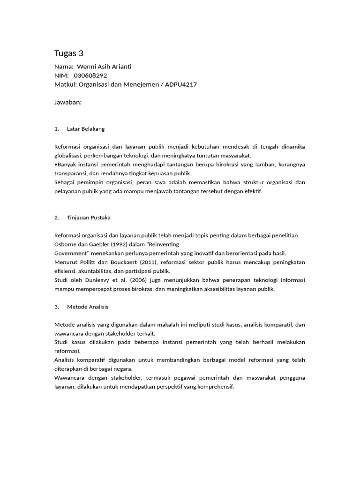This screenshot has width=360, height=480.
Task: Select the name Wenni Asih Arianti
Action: (104, 67)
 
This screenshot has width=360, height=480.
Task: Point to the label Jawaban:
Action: (68, 102)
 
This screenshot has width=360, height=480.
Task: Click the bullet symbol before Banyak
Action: (56, 165)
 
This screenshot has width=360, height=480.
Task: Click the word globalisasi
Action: (69, 156)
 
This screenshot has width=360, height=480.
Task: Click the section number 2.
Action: (57, 217)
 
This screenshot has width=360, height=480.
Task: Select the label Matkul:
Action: (65, 84)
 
